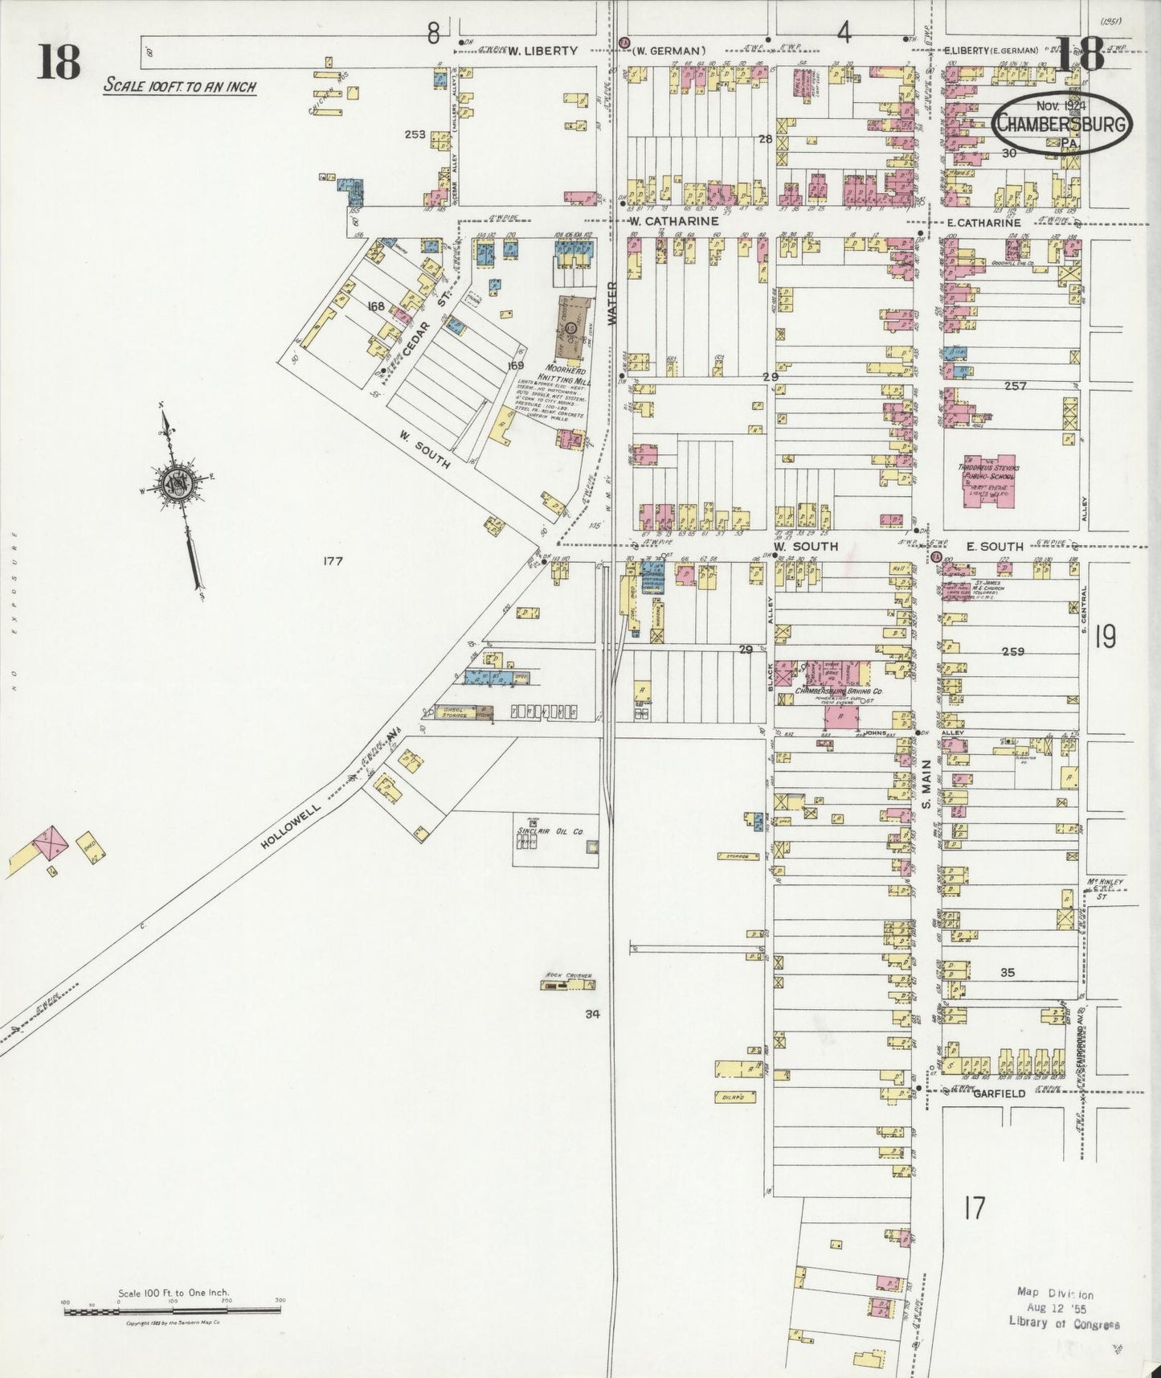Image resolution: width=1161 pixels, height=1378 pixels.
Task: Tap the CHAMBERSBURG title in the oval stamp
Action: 1061,124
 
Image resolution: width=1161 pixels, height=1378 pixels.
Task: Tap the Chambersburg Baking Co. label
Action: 839,691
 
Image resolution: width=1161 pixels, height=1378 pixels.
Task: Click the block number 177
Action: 332,561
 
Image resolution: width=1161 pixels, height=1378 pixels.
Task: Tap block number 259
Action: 1012,651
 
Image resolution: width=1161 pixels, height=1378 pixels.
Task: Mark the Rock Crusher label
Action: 568,976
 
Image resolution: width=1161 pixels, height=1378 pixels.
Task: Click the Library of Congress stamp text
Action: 1064,1323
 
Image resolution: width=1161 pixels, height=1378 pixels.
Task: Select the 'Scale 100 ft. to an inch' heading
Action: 179,86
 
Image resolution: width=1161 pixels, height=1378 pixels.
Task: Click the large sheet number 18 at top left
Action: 59,63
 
